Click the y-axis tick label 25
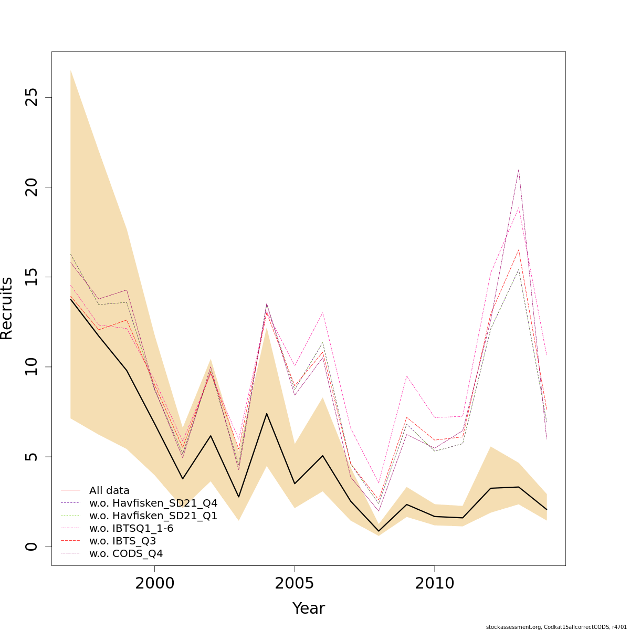pyautogui.click(x=33, y=97)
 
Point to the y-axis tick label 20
pyautogui.click(x=33, y=187)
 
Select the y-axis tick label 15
pyautogui.click(x=33, y=277)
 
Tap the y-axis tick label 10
pyautogui.click(x=33, y=366)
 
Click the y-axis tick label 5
pyautogui.click(x=33, y=456)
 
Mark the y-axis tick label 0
pyautogui.click(x=33, y=547)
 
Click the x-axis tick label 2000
pyautogui.click(x=154, y=583)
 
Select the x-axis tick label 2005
pyautogui.click(x=295, y=583)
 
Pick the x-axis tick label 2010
pyautogui.click(x=435, y=583)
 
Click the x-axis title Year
pyautogui.click(x=309, y=608)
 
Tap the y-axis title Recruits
pyautogui.click(x=7, y=309)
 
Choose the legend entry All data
pyautogui.click(x=109, y=491)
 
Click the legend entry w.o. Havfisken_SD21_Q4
pyautogui.click(x=153, y=503)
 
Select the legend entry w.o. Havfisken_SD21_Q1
pyautogui.click(x=153, y=516)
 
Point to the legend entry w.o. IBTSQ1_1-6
pyautogui.click(x=131, y=529)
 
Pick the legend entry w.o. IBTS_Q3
pyautogui.click(x=122, y=541)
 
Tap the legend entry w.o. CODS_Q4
pyautogui.click(x=126, y=554)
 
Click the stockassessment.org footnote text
pyautogui.click(x=556, y=626)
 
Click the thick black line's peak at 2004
pyautogui.click(x=267, y=414)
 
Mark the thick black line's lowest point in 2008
pyautogui.click(x=379, y=531)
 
